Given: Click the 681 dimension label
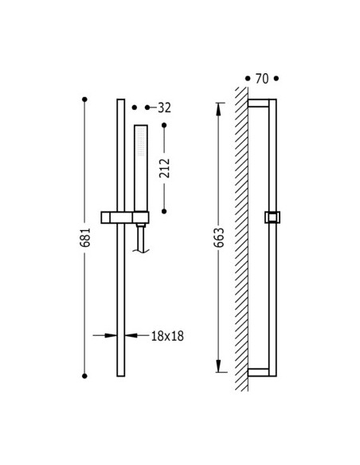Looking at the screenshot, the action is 85,237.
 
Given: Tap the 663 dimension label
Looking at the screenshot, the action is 219,237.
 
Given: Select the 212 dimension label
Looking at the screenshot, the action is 165,168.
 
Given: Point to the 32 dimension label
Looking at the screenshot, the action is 164,107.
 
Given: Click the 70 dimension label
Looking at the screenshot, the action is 262,79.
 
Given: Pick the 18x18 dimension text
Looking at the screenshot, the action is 167,336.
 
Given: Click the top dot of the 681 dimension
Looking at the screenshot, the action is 84,100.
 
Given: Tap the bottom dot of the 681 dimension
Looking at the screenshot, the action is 84,376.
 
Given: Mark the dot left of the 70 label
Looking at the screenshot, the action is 248,79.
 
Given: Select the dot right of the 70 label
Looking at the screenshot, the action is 276,79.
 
